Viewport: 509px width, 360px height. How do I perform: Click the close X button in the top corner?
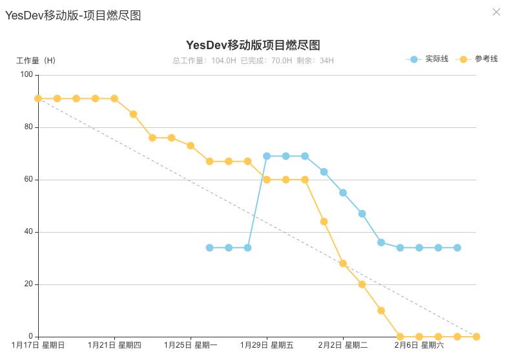(x=496, y=12)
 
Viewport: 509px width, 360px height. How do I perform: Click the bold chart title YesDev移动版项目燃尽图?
(x=253, y=45)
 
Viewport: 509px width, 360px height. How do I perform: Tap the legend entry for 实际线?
(x=428, y=59)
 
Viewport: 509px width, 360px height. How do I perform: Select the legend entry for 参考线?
(x=477, y=59)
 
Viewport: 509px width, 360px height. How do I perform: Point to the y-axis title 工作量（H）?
(x=36, y=61)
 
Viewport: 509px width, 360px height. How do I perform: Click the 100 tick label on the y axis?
(x=26, y=75)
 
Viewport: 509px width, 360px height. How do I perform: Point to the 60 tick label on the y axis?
(x=28, y=180)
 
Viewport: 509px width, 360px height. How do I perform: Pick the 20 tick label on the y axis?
(x=28, y=284)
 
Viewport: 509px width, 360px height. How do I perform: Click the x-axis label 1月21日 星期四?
(x=114, y=345)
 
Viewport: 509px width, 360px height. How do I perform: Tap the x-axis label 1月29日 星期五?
(x=267, y=345)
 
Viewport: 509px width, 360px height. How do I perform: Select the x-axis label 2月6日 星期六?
(x=419, y=345)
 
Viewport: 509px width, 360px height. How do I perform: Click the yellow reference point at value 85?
(x=133, y=114)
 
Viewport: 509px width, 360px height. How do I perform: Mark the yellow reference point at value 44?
(x=324, y=222)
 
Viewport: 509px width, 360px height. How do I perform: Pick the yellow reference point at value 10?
(x=381, y=310)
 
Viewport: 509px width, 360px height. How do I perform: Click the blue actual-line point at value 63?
(x=324, y=172)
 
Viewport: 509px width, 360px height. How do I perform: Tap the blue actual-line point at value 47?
(x=362, y=213)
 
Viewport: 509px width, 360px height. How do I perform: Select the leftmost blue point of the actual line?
(x=209, y=248)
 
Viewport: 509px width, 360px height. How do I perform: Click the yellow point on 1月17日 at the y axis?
(x=38, y=98)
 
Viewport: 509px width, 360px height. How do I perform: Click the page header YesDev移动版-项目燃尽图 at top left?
(x=73, y=16)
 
